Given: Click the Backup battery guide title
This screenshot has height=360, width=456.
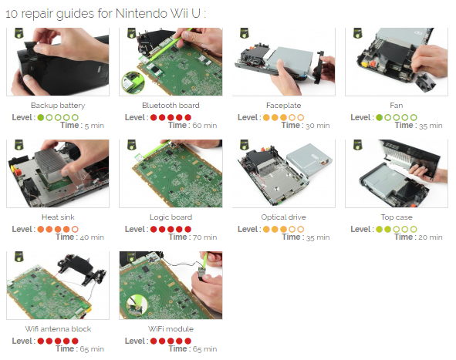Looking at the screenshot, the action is pyautogui.click(x=58, y=106).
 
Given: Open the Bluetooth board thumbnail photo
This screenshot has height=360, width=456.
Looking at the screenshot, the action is pyautogui.click(x=171, y=62).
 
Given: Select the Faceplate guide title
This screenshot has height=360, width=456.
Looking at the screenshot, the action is pyautogui.click(x=283, y=106).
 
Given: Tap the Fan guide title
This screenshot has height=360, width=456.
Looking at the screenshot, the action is pyautogui.click(x=397, y=105).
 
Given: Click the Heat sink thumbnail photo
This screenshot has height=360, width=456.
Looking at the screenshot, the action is pyautogui.click(x=58, y=173).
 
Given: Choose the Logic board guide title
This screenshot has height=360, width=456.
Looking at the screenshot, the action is pyautogui.click(x=171, y=217).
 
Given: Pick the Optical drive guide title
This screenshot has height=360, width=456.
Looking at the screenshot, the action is pyautogui.click(x=283, y=217).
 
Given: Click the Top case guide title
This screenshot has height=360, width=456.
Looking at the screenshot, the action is pyautogui.click(x=397, y=217).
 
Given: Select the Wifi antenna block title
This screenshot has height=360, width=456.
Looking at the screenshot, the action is pyautogui.click(x=58, y=329).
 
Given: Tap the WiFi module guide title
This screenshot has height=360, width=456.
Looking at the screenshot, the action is pyautogui.click(x=171, y=329).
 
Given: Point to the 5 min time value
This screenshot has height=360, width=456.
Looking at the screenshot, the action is pyautogui.click(x=94, y=126).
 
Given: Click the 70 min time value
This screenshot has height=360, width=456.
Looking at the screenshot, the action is pyautogui.click(x=204, y=237).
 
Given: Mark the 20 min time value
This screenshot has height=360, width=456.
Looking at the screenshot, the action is pyautogui.click(x=431, y=237).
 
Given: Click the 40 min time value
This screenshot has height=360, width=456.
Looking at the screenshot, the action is pyautogui.click(x=92, y=237).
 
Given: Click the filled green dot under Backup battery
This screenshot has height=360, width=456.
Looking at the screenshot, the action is pyautogui.click(x=41, y=117).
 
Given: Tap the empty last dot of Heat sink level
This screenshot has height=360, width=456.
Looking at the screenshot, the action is pyautogui.click(x=75, y=229).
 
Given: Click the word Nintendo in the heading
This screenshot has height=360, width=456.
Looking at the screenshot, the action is pyautogui.click(x=141, y=13).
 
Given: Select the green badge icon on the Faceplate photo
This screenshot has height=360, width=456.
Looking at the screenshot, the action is pyautogui.click(x=245, y=33).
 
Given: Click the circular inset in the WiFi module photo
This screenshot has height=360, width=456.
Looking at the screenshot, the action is pyautogui.click(x=137, y=304).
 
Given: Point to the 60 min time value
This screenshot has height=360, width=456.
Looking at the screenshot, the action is pyautogui.click(x=204, y=126).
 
